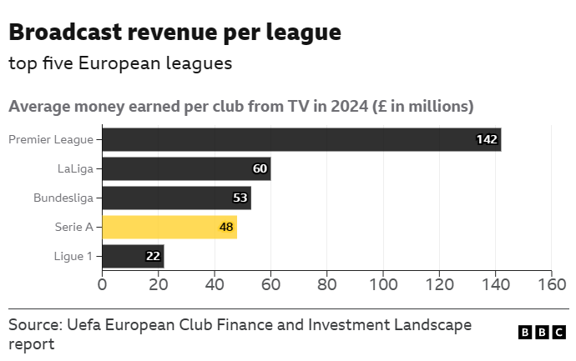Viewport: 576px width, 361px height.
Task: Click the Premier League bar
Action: pos(301,139)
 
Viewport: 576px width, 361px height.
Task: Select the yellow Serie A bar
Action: pos(169,227)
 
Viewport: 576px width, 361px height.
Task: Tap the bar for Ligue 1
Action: pos(133,256)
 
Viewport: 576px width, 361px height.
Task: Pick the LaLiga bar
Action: pos(186,169)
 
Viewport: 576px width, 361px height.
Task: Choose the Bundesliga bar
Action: pos(176,198)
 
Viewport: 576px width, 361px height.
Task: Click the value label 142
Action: pos(487,139)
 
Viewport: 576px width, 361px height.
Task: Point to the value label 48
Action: pos(225,227)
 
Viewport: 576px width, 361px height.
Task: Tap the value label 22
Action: pos(153,256)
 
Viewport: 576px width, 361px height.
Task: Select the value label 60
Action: pos(260,169)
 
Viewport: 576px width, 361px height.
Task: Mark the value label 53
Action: pos(240,198)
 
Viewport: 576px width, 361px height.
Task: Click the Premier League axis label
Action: pos(51,139)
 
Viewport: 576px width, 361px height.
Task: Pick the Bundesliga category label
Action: pos(63,198)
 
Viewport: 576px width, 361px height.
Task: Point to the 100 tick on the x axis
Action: pos(383,284)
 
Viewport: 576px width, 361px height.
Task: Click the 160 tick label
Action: pos(552,284)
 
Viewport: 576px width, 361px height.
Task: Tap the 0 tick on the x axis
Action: pos(102,284)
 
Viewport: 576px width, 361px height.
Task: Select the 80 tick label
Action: pos(327,284)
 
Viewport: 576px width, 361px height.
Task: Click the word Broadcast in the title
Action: pos(64,33)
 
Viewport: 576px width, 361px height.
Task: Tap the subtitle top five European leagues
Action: pos(120,63)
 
